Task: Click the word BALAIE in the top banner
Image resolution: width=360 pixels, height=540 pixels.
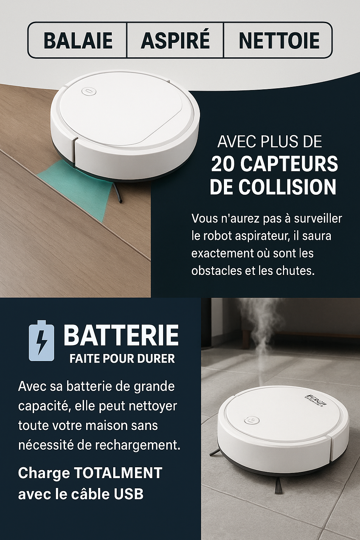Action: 78,40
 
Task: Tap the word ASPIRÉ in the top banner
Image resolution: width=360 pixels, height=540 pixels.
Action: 175,40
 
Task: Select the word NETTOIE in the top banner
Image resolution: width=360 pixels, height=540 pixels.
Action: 279,40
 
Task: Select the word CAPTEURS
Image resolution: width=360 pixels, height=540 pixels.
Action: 289,164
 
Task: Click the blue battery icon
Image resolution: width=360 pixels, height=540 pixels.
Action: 41,341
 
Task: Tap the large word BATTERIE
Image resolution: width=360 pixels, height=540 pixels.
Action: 121,335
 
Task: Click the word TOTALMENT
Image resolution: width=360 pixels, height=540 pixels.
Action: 118,473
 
